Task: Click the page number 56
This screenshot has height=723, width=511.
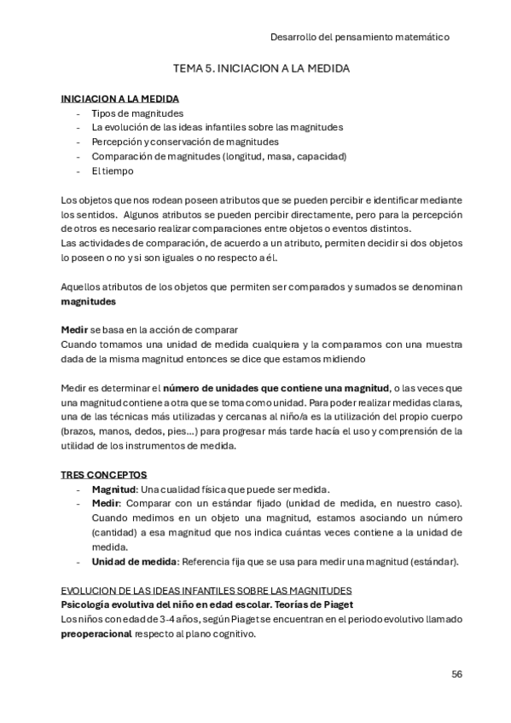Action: (456, 674)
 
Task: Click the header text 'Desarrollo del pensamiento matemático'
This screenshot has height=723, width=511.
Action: (359, 38)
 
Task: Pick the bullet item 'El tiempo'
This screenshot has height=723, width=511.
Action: (113, 171)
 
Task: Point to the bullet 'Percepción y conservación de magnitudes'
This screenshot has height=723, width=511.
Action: (185, 142)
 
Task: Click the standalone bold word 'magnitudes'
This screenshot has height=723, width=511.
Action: (90, 301)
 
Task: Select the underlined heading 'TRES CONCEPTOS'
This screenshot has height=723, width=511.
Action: (104, 474)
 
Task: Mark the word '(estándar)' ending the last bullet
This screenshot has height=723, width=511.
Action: (437, 562)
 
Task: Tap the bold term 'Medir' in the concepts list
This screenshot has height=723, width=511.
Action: (106, 504)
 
